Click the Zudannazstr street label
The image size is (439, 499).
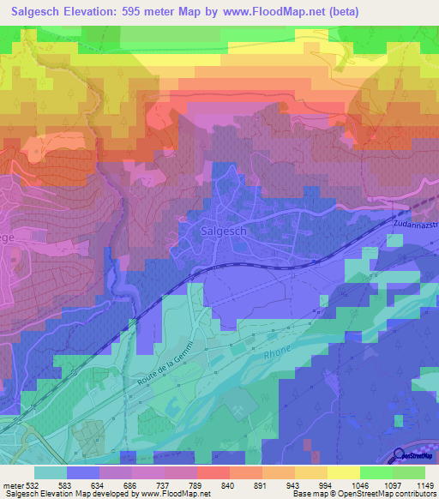[x=416, y=225]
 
